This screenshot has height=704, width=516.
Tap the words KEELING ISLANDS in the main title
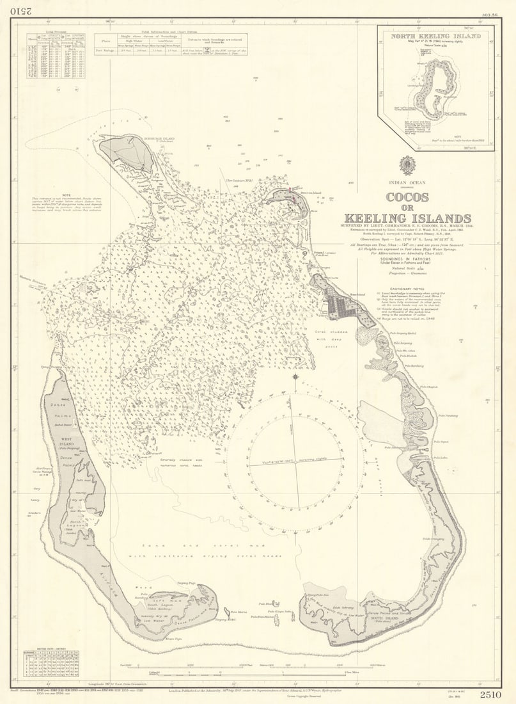pos(407,218)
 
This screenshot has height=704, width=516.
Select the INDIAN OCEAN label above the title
pos(407,184)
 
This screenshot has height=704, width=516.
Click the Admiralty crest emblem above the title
pos(407,165)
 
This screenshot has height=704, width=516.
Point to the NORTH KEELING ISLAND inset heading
pos(436,36)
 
